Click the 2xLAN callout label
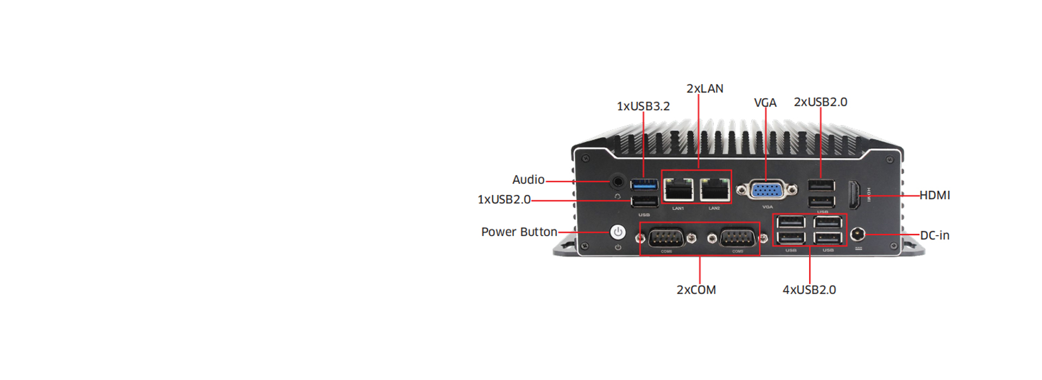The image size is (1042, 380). [704, 88]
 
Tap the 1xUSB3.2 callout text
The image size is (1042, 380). [643, 106]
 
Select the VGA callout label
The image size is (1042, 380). [765, 103]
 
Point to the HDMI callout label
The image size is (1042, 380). [935, 195]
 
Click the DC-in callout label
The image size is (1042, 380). [935, 236]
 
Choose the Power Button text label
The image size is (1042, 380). [519, 232]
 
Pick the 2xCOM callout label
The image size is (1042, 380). [696, 290]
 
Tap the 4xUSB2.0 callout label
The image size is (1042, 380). [809, 290]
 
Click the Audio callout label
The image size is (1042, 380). [528, 180]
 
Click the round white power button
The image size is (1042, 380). [618, 232]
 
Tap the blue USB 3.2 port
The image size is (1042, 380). [644, 185]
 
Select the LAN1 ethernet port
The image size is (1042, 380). [678, 189]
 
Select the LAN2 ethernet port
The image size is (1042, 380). [714, 189]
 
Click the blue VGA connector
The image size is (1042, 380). [767, 190]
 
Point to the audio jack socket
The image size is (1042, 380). [618, 181]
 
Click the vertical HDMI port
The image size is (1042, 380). [854, 195]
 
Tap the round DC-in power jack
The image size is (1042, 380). [857, 235]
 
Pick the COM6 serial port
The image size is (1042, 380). [666, 238]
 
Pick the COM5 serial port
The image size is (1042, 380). [737, 238]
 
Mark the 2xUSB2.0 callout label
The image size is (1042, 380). [820, 102]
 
